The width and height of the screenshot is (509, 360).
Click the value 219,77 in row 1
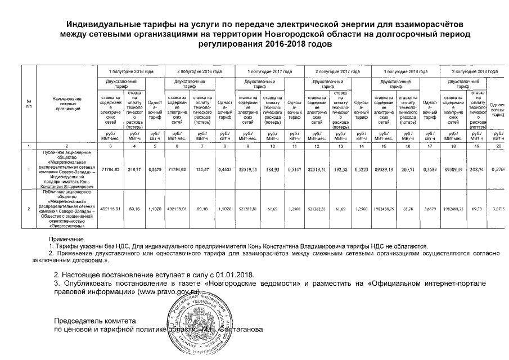(x=134, y=169)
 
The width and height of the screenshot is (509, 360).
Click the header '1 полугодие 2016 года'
(x=131, y=72)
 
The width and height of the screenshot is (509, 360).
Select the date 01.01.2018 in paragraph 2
(x=236, y=276)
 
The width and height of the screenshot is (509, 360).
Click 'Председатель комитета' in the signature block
(x=91, y=321)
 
